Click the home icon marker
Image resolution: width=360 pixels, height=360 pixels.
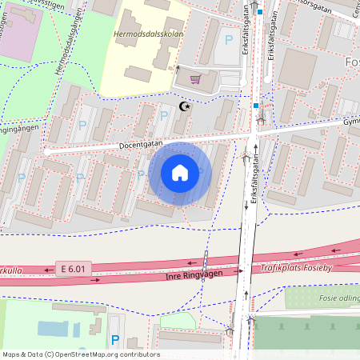pos(180,172)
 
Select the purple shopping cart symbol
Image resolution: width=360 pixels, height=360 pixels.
pos(195,78)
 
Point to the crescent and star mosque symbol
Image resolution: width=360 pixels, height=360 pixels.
pos(186,106)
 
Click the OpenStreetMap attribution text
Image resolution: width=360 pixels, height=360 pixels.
pos(80,354)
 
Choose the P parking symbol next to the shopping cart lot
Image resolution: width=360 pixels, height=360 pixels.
pos(230,39)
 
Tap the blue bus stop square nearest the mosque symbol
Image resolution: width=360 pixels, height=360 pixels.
pos(256,105)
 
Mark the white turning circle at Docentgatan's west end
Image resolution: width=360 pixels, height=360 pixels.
pos(47,149)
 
